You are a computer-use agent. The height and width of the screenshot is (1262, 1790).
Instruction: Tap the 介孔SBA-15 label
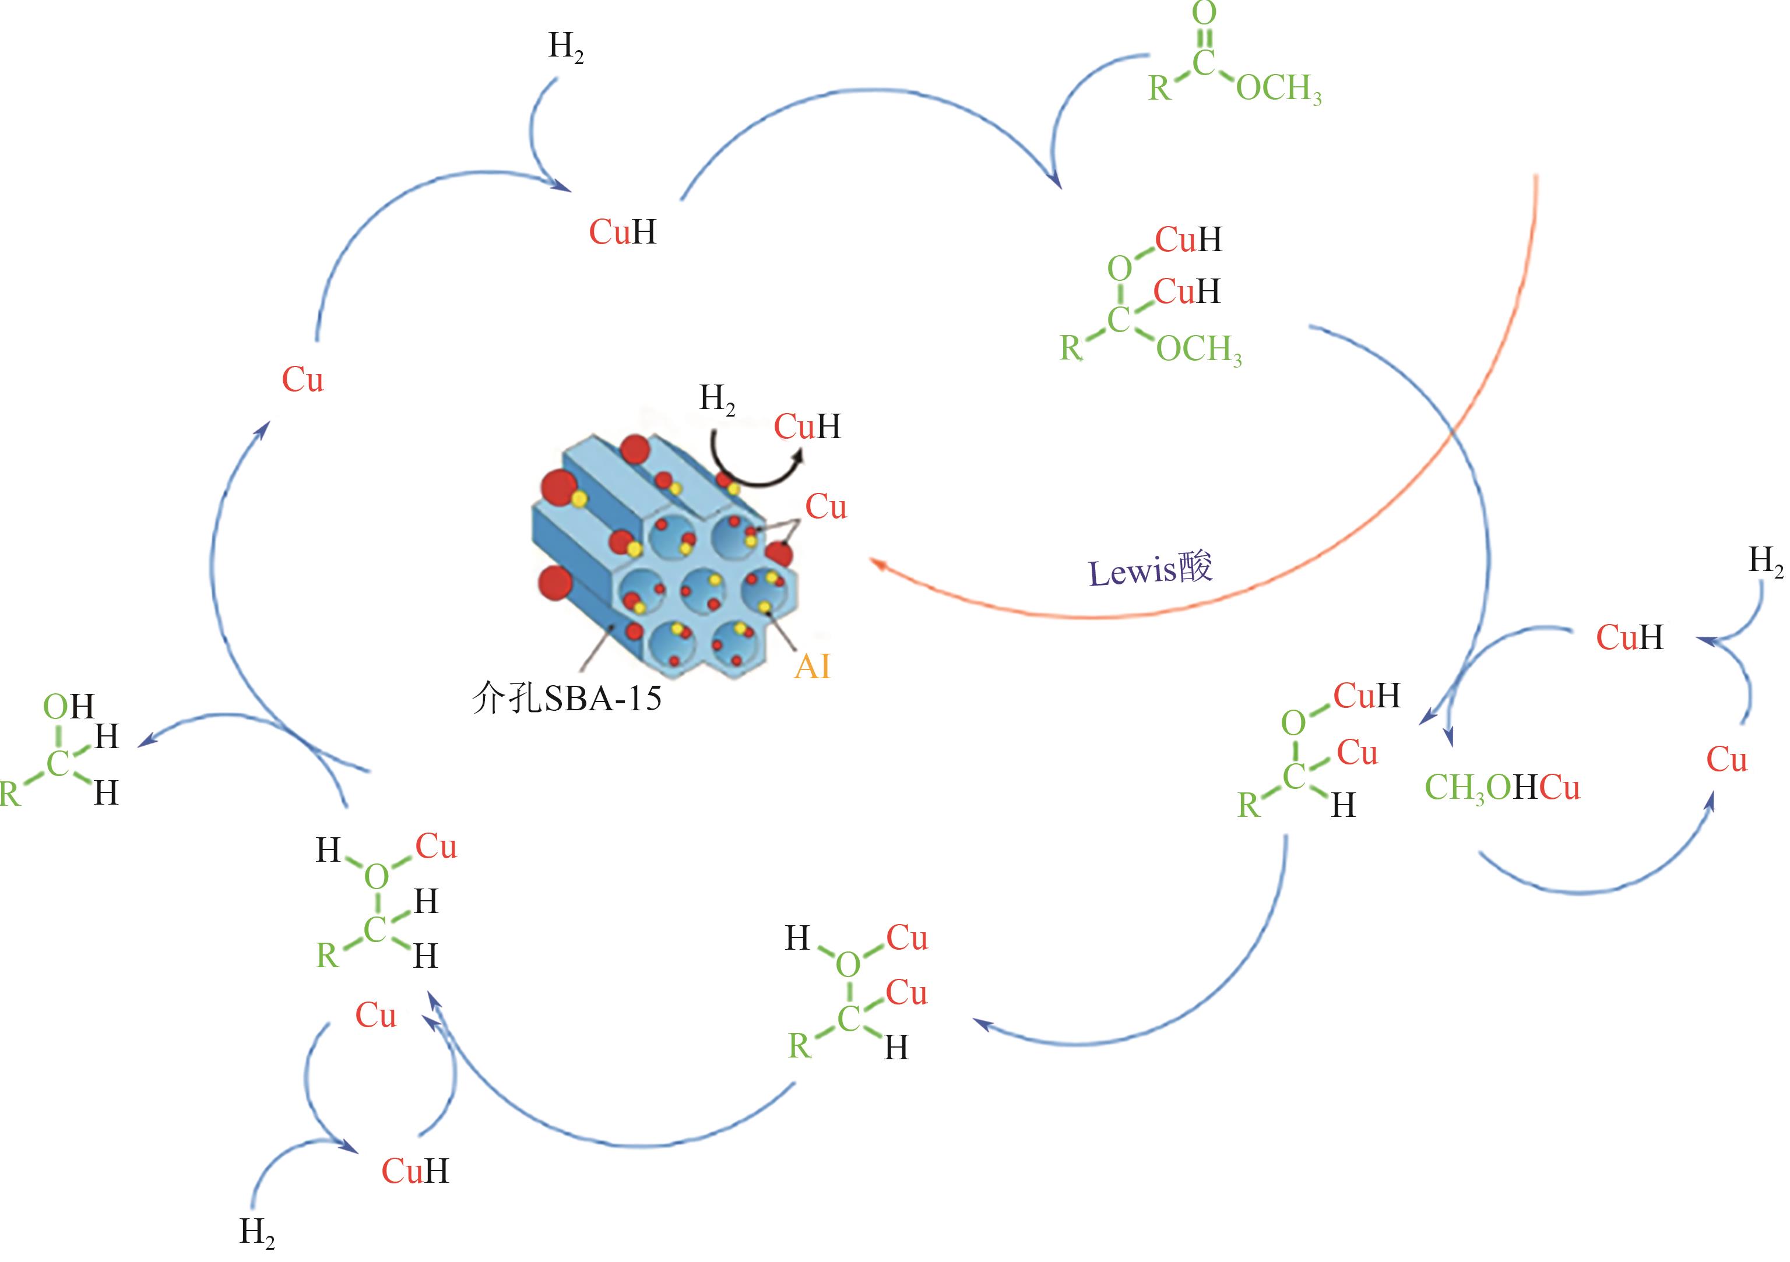point(567,697)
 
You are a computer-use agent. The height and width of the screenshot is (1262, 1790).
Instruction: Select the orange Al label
point(813,667)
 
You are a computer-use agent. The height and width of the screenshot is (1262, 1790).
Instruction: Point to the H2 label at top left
point(566,48)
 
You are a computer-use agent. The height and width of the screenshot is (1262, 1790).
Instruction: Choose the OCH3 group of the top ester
point(1279,89)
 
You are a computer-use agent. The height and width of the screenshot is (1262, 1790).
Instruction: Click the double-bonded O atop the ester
point(1205,13)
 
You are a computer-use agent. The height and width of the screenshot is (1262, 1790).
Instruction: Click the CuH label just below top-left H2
point(622,231)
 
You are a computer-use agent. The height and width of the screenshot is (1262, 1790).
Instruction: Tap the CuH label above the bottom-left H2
point(415,1171)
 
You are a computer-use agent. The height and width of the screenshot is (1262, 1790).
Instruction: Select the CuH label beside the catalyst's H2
point(807,426)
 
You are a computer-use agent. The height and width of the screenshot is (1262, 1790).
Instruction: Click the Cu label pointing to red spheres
point(825,507)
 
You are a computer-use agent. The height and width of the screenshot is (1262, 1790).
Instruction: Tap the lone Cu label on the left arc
point(303,380)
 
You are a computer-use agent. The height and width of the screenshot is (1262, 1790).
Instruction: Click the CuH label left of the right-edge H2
point(1629,637)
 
